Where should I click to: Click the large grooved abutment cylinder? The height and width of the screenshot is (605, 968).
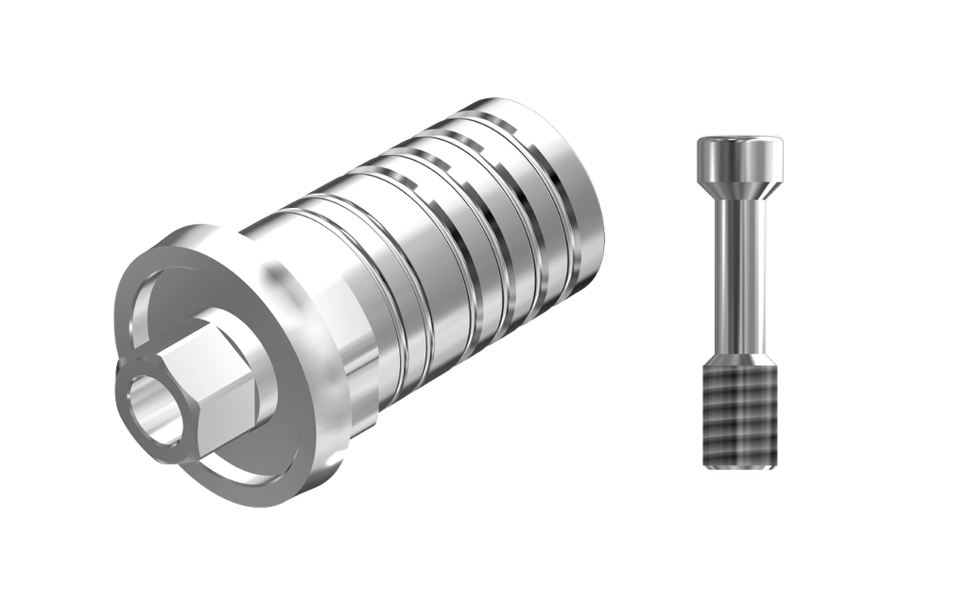(x=425, y=255)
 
